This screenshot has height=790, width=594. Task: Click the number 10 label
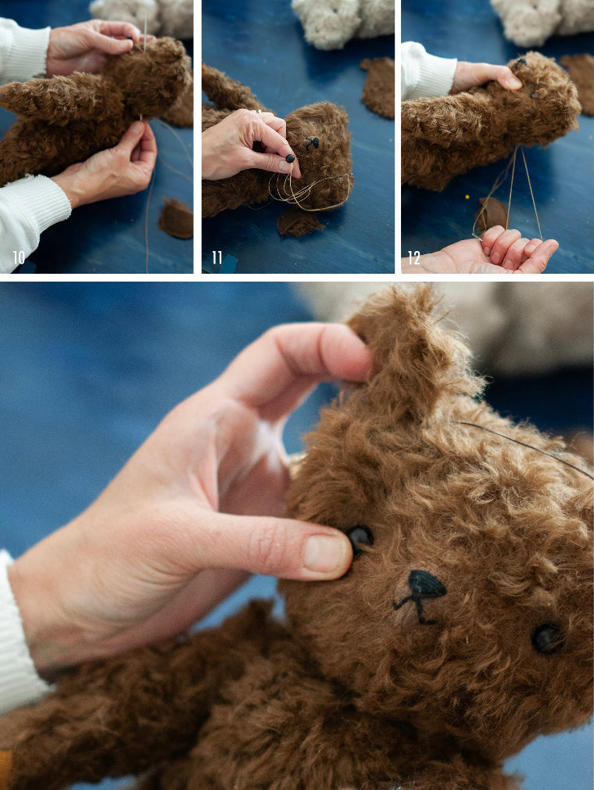tap(19, 258)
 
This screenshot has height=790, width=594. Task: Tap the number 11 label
tap(217, 258)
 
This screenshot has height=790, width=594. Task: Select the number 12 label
tap(413, 258)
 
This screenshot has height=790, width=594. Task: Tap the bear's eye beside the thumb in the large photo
tap(360, 538)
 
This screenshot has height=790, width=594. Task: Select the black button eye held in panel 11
tap(290, 159)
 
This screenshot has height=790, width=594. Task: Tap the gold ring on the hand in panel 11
tap(259, 111)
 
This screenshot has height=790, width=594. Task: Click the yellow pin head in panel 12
tap(467, 197)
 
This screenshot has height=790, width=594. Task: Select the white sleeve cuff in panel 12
tap(428, 70)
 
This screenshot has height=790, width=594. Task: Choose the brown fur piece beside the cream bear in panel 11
tap(378, 87)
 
